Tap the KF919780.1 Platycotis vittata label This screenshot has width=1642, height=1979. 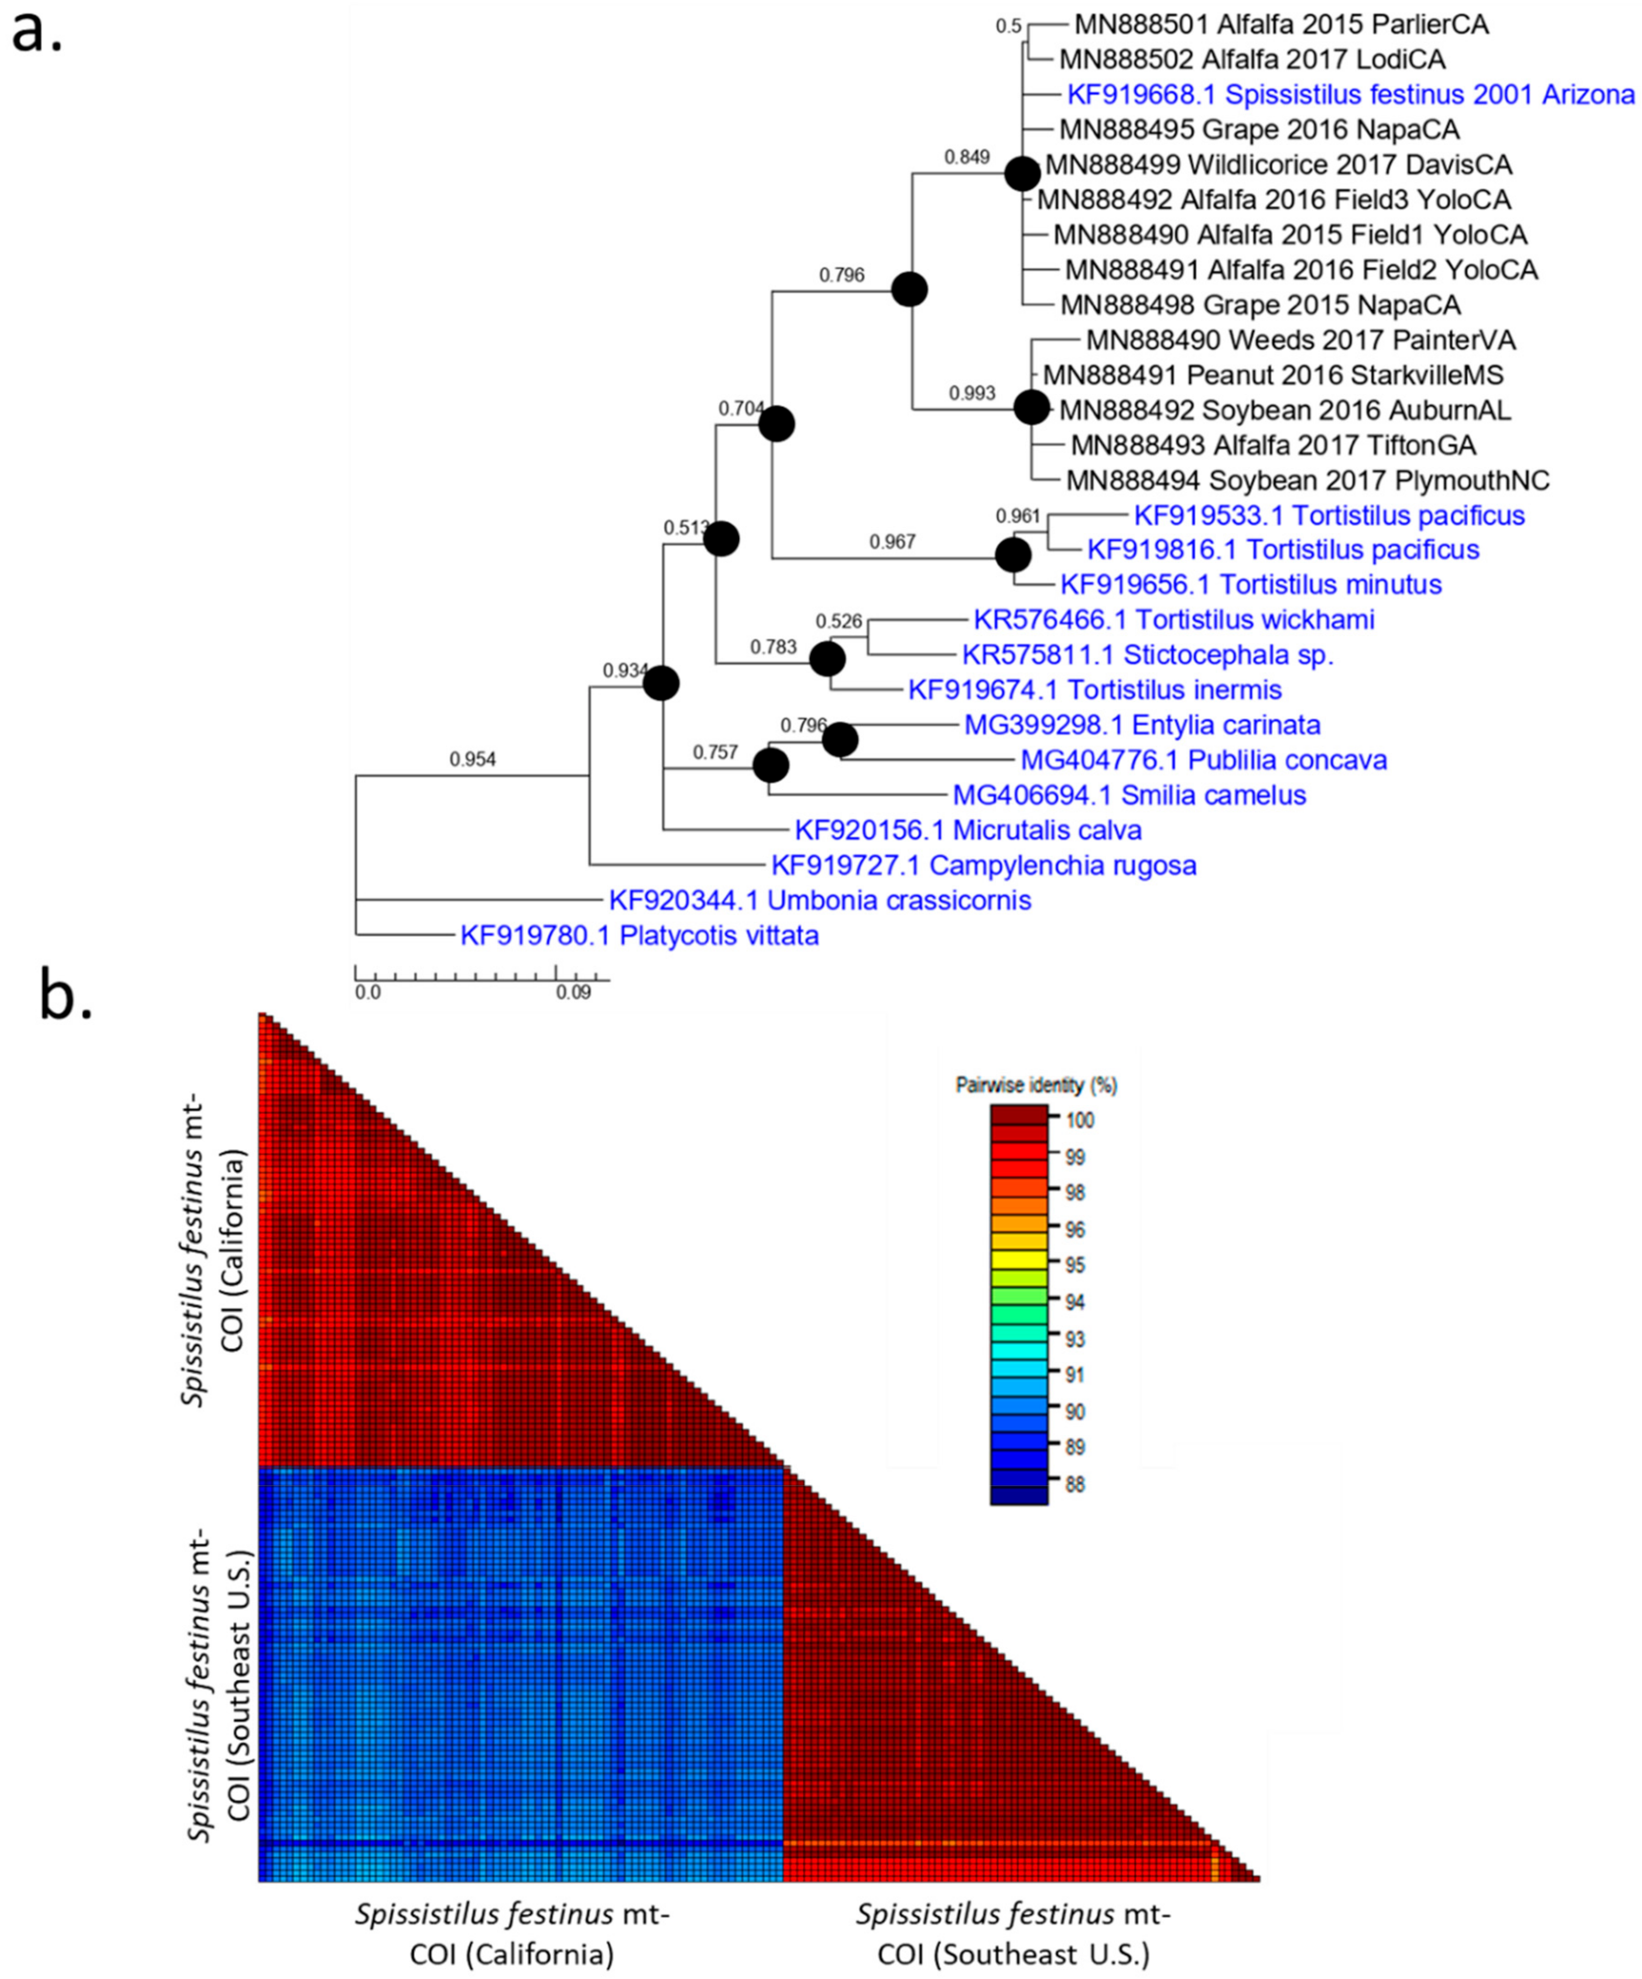click(x=639, y=936)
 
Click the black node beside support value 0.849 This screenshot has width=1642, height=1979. click(x=1022, y=173)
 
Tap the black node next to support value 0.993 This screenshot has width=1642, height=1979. click(x=1031, y=408)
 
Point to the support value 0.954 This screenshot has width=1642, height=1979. click(x=472, y=760)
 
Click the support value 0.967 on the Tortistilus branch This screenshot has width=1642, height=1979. click(x=892, y=542)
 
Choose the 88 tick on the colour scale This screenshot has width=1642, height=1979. click(x=1074, y=1484)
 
